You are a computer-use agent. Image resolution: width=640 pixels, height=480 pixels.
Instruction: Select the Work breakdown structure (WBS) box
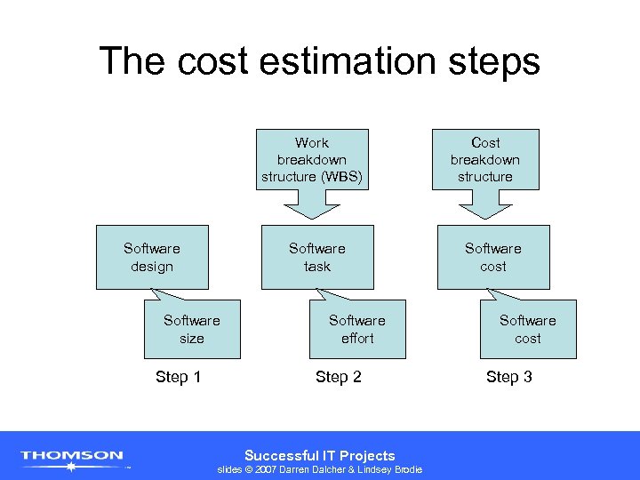312,160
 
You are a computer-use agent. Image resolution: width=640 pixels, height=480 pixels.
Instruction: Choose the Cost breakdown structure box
485,160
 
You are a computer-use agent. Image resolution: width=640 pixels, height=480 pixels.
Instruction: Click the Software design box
152,258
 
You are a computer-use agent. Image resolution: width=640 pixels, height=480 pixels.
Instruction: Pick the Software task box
316,258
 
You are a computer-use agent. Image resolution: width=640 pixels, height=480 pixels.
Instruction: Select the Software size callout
191,330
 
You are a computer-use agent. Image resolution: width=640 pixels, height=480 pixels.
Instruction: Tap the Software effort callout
357,330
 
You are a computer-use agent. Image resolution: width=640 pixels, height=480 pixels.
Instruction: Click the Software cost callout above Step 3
527,330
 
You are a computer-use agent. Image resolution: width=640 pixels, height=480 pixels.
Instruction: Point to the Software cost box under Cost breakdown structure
493,258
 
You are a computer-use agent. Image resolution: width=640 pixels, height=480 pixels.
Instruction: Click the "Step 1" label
178,377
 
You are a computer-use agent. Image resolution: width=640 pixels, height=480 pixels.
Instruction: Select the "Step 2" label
339,377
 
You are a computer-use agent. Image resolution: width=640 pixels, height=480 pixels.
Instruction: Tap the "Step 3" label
509,377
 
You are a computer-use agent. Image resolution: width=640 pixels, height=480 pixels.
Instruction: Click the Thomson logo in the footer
72,457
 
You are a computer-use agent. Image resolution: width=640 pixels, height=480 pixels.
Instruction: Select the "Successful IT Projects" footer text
319,455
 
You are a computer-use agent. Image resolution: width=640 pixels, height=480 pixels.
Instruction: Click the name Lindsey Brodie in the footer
391,469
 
